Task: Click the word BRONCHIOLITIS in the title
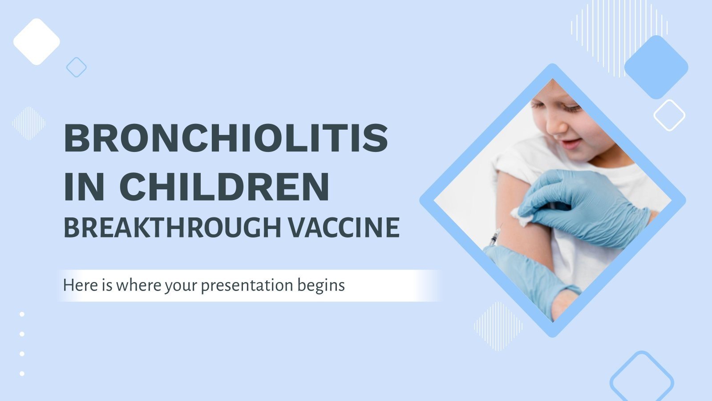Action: (x=226, y=138)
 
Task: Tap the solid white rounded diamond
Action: (x=36, y=41)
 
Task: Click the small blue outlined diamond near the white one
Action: (x=76, y=67)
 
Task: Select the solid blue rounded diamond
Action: (x=656, y=67)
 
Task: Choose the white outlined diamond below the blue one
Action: (x=669, y=115)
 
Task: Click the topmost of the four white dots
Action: (x=22, y=314)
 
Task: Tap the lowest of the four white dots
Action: (x=22, y=373)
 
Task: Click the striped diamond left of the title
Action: (x=29, y=123)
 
